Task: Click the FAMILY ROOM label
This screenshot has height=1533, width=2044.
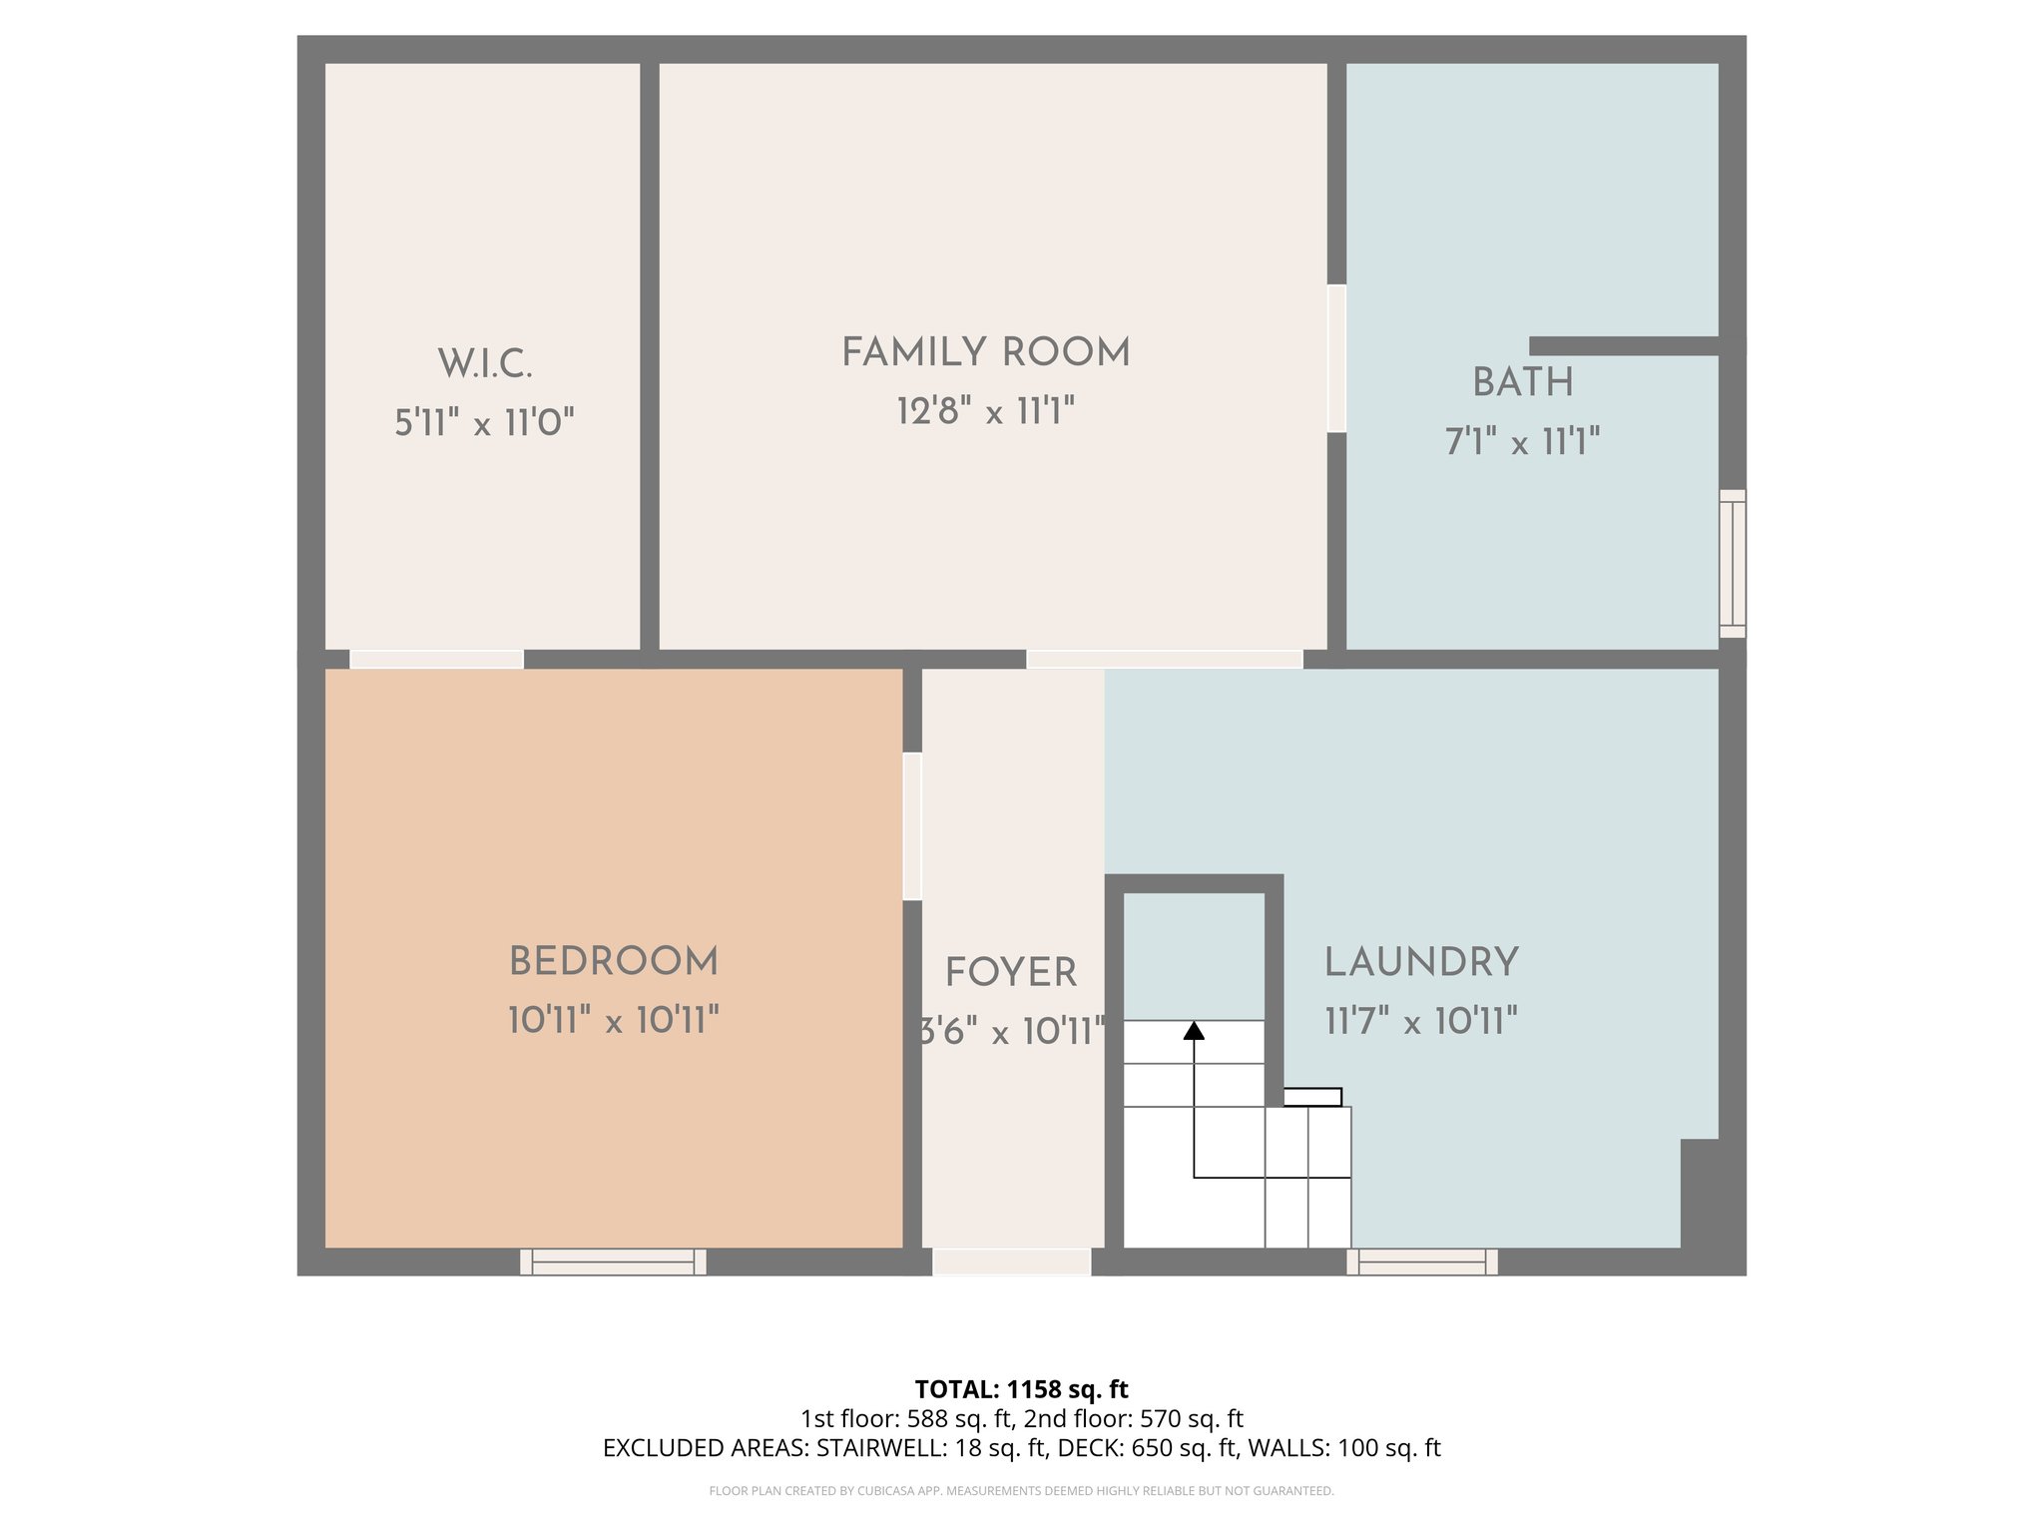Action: pyautogui.click(x=985, y=353)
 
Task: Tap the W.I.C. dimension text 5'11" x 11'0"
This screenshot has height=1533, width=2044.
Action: pyautogui.click(x=484, y=423)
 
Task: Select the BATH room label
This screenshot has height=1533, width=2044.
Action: pyautogui.click(x=1522, y=383)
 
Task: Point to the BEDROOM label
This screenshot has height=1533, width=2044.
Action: pyautogui.click(x=613, y=963)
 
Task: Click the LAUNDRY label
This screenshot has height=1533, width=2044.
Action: pyautogui.click(x=1421, y=963)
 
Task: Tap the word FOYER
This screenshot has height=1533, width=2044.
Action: pyautogui.click(x=1011, y=973)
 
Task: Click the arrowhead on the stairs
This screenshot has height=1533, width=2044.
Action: pyautogui.click(x=1194, y=1031)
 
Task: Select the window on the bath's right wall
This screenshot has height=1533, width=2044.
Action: pyautogui.click(x=1733, y=563)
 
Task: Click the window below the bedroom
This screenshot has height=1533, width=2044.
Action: pyautogui.click(x=613, y=1263)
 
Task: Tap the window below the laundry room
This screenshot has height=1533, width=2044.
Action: pyautogui.click(x=1422, y=1263)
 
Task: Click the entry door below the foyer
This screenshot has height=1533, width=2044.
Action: pyautogui.click(x=1011, y=1263)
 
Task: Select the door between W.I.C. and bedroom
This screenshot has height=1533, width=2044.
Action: pyautogui.click(x=436, y=659)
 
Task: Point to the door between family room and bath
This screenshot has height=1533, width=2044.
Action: pyautogui.click(x=1336, y=359)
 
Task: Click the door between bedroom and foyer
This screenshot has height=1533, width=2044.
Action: pyautogui.click(x=912, y=826)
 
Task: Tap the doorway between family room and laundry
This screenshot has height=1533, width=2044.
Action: pyautogui.click(x=1165, y=659)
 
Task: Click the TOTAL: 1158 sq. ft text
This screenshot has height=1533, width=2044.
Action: pyautogui.click(x=1021, y=1389)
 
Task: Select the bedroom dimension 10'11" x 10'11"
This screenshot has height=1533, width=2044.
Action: pyautogui.click(x=613, y=1021)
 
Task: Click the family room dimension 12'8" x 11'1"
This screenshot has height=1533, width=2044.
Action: pyautogui.click(x=985, y=411)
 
